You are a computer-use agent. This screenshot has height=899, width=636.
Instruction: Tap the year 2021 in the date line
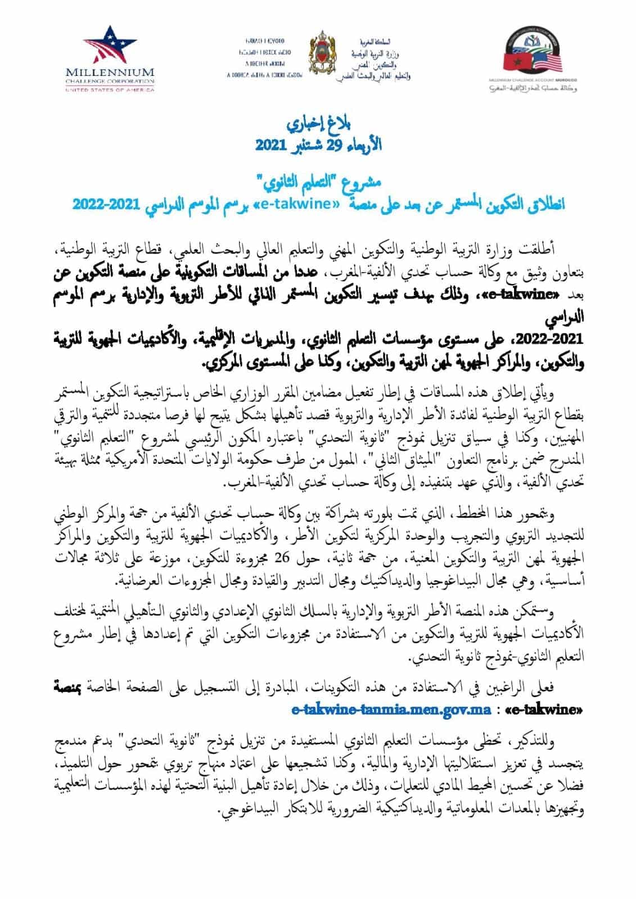273,145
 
